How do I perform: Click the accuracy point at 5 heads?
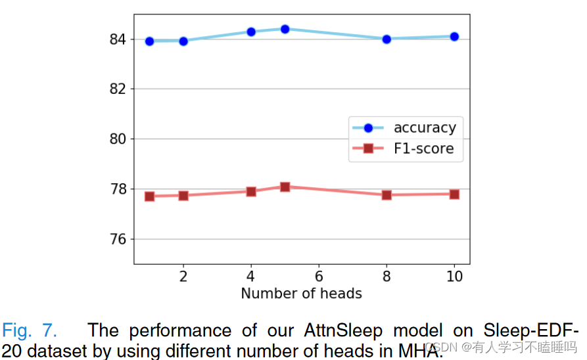(x=285, y=29)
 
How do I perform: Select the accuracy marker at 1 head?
(x=149, y=41)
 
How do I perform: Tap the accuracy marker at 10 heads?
(x=454, y=37)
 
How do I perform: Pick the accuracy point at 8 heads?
(x=387, y=39)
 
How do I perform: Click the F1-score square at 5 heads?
(x=285, y=187)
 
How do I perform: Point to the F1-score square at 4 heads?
(x=251, y=191)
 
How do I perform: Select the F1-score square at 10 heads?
(x=454, y=194)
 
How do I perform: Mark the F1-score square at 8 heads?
(x=387, y=194)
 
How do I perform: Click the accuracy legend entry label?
(x=424, y=127)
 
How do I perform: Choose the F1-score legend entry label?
(x=424, y=148)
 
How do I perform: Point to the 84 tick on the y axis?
(x=118, y=39)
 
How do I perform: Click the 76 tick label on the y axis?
(x=118, y=239)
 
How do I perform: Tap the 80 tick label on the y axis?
(x=118, y=139)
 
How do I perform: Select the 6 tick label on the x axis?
(x=319, y=276)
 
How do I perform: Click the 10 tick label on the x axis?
(x=454, y=276)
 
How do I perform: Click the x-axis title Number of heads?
(x=301, y=293)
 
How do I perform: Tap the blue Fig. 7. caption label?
(x=29, y=330)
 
